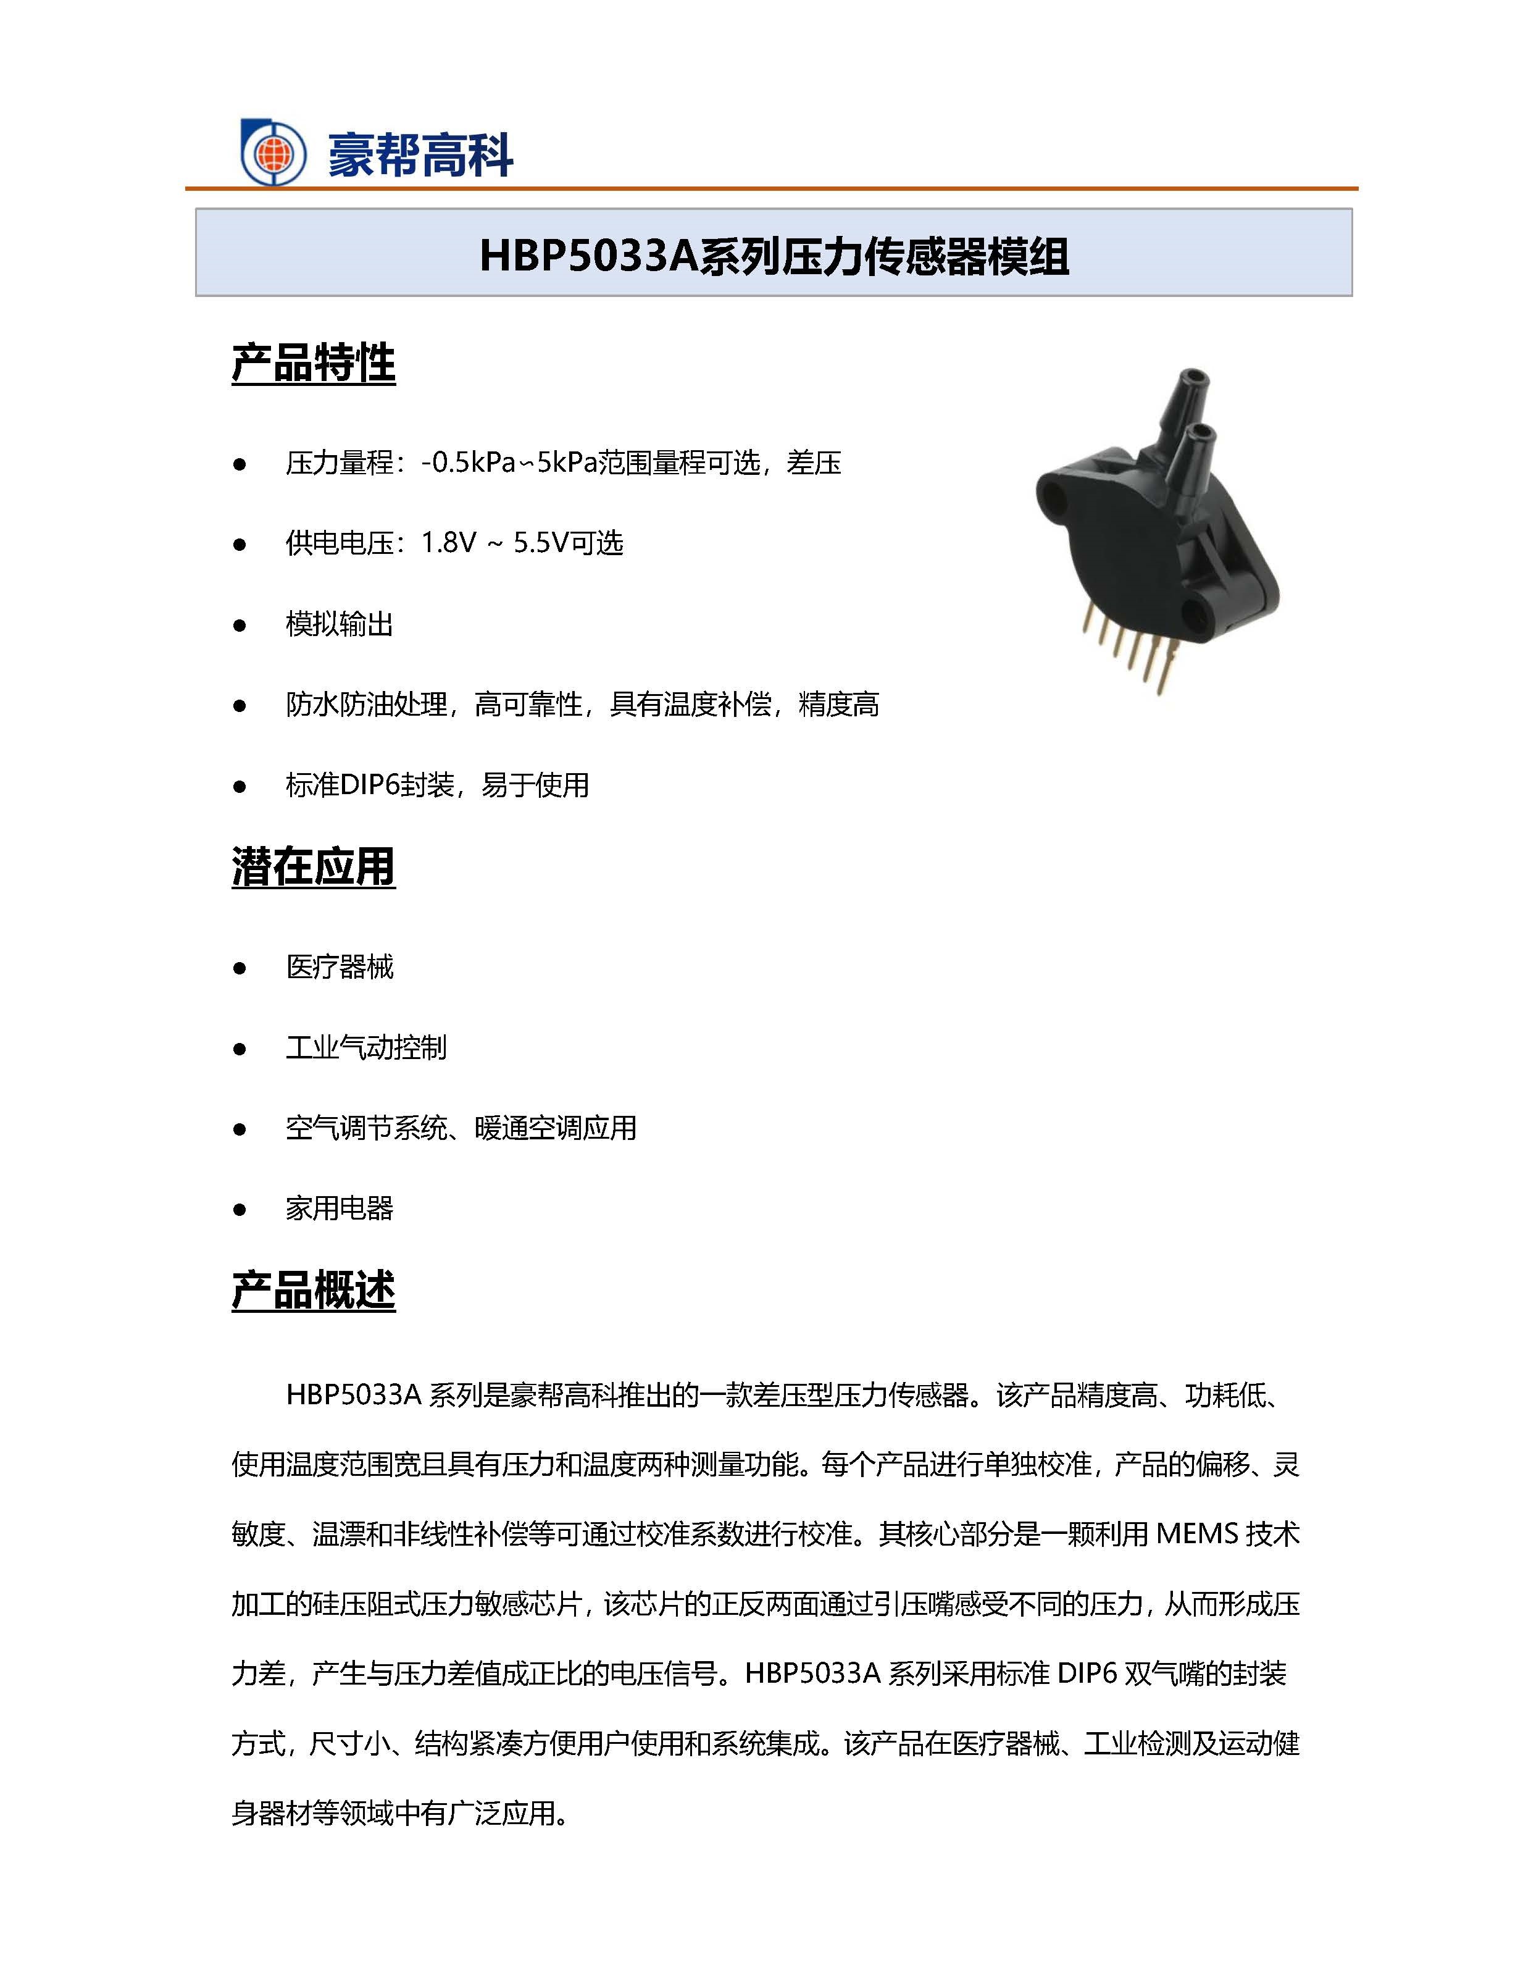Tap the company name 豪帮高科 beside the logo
pyautogui.click(x=420, y=155)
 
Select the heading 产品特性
pyautogui.click(x=313, y=363)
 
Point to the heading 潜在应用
pyautogui.click(x=313, y=866)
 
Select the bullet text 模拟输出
pyautogui.click(x=339, y=624)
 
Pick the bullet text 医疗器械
pyautogui.click(x=339, y=967)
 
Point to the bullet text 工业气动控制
pyautogui.click(x=365, y=1048)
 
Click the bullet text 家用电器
pyautogui.click(x=339, y=1208)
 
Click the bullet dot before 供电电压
pyautogui.click(x=240, y=544)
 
